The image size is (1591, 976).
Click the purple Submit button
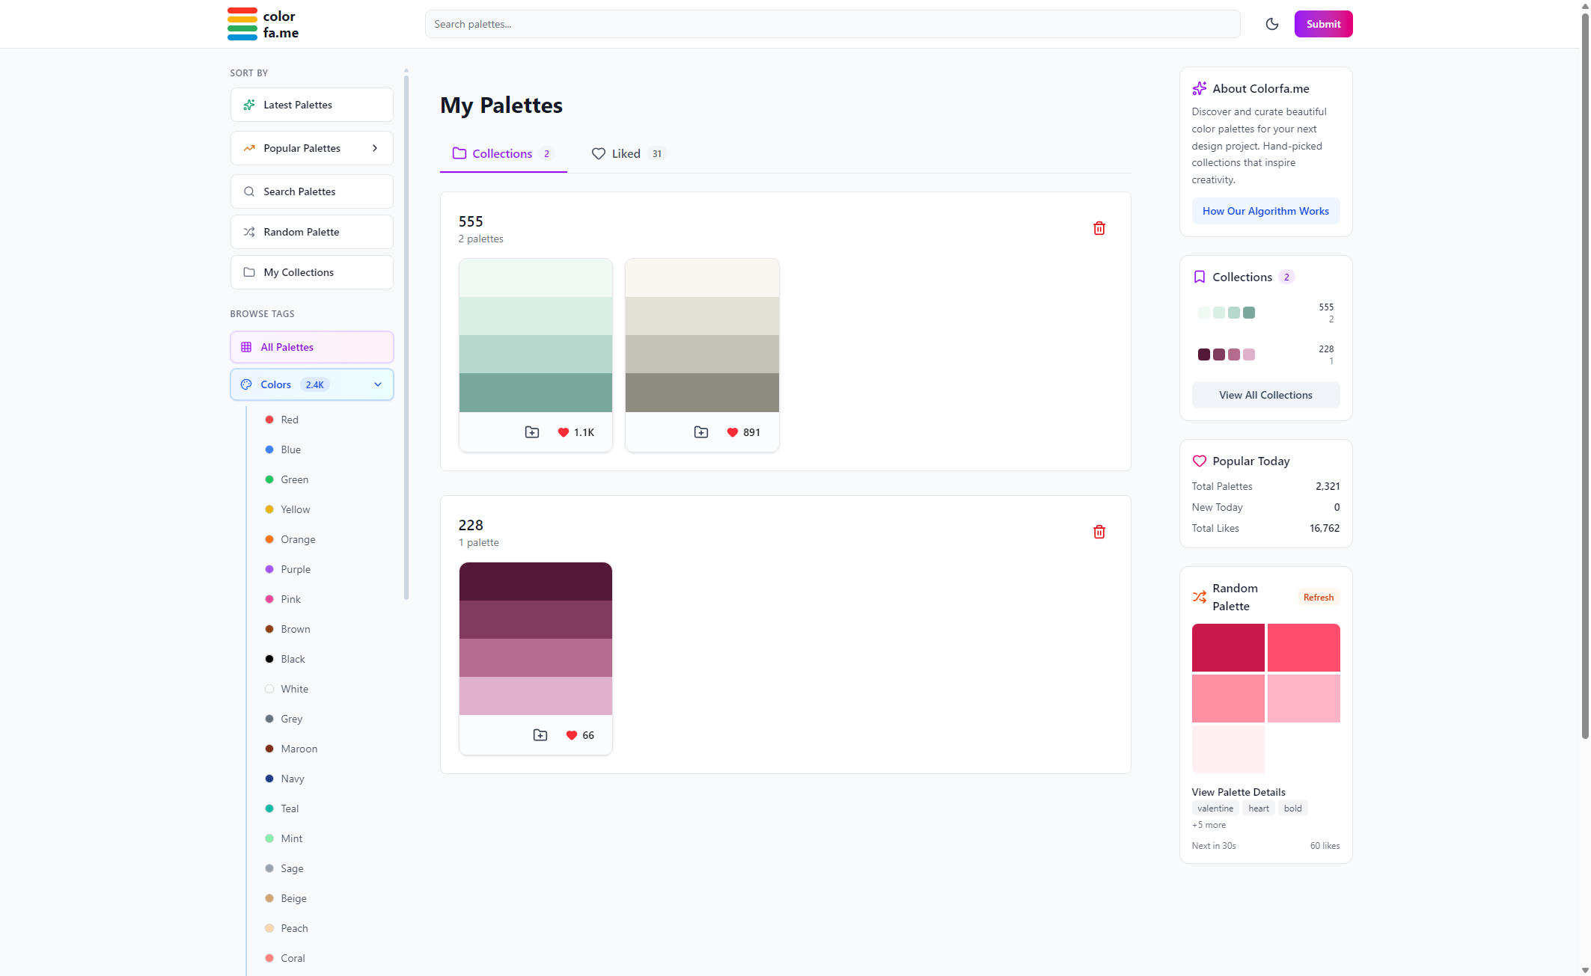click(x=1322, y=24)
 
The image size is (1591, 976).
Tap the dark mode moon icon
click(x=1271, y=24)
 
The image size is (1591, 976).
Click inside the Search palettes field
click(x=831, y=24)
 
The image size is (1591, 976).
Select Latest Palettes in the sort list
click(x=311, y=105)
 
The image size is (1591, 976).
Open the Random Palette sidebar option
click(x=311, y=232)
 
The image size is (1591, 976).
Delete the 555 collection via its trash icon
click(x=1099, y=228)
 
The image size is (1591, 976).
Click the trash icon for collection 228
click(x=1099, y=532)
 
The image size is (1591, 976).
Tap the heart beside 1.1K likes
click(x=564, y=432)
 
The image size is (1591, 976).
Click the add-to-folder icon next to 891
click(x=701, y=432)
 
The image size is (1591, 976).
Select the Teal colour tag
click(x=290, y=808)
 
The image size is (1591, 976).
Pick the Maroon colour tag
click(x=299, y=749)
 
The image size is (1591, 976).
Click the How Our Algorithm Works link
click(x=1265, y=211)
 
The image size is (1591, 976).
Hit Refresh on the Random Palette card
click(x=1318, y=597)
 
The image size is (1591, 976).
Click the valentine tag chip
click(x=1215, y=808)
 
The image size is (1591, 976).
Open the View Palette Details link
click(x=1238, y=792)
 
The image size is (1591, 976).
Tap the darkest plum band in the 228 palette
click(x=535, y=581)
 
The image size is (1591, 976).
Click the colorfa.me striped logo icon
click(x=242, y=24)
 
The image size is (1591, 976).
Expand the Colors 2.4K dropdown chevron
click(x=378, y=384)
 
